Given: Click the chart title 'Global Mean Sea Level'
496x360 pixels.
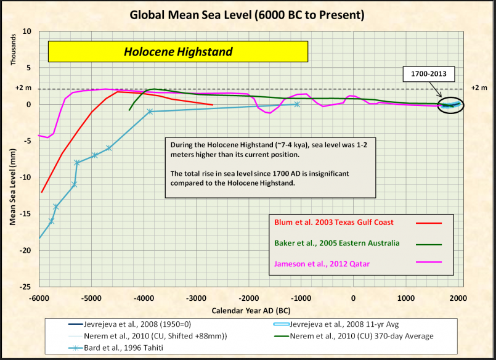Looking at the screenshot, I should (x=247, y=14).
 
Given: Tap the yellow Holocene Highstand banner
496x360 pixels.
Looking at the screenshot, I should (x=178, y=52).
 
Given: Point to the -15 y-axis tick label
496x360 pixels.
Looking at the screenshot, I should (x=26, y=214).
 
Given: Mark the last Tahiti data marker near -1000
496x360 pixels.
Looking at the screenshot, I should (x=297, y=104).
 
